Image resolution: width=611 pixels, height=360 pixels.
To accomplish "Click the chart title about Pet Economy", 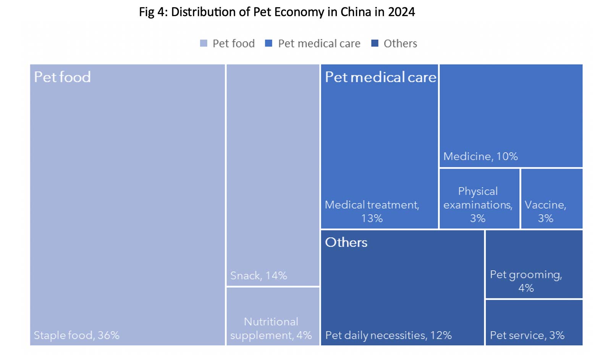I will coord(276,12).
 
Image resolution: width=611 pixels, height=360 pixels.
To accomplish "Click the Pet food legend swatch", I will coord(204,44).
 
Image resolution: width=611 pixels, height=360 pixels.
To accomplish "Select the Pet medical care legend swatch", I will coord(269,44).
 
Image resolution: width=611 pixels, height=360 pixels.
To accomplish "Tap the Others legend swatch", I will coord(375,44).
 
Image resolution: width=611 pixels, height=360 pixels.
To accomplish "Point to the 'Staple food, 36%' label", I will coord(77,335).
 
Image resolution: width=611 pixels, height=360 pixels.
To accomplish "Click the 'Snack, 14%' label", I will coord(259,276).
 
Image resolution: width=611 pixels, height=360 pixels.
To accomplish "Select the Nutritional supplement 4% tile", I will coord(273,316).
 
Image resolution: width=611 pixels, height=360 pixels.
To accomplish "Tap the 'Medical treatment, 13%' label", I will coord(372,211).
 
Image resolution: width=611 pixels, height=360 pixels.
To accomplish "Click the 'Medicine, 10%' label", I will coord(480,156).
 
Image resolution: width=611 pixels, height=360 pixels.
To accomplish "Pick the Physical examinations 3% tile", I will coord(479,199).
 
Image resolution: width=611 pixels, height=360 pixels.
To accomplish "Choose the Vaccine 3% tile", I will coord(551,199).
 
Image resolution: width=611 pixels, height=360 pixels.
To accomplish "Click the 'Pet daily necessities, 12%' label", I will coord(388,335).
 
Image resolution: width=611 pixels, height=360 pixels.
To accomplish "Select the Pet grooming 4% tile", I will coord(533,264).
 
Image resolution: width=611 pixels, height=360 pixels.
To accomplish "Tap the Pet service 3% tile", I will coord(533,323).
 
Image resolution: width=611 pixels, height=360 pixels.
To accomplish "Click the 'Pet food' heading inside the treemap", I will coord(62,77).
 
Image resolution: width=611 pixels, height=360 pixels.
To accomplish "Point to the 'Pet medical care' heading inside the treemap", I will coord(380,77).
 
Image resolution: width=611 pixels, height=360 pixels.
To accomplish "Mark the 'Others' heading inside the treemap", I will coord(346,242).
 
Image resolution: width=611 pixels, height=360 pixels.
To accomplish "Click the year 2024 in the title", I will coord(401,12).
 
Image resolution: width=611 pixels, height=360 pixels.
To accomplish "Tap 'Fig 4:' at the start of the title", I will coord(153,12).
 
